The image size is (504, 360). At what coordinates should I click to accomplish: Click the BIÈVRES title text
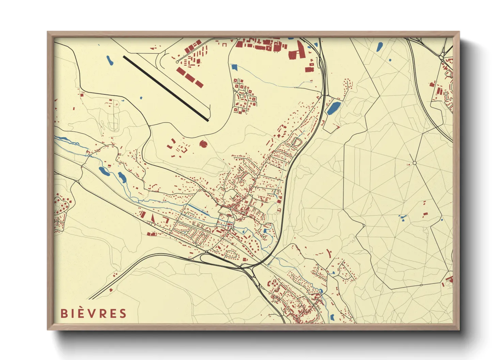(93, 313)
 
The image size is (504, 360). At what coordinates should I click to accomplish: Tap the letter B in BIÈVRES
(64, 313)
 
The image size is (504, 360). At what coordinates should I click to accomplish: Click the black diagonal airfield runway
(166, 88)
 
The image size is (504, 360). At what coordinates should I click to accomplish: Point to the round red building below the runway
(203, 144)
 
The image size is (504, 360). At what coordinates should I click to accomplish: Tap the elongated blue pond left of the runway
(109, 60)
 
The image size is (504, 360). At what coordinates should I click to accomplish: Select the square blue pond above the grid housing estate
(234, 67)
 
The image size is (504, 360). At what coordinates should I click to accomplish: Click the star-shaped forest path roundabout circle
(414, 163)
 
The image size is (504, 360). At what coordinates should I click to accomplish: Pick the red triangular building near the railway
(153, 218)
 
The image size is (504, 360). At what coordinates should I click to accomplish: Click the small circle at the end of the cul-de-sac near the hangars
(177, 62)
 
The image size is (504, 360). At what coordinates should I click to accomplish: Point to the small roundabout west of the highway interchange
(206, 252)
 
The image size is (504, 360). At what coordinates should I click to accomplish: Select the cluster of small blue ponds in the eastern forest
(403, 217)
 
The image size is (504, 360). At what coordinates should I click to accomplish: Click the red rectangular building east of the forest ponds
(425, 214)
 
